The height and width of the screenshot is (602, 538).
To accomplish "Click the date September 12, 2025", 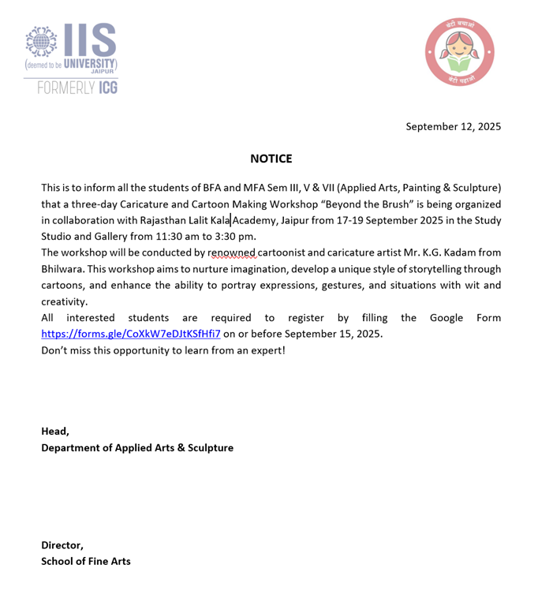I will (x=453, y=126).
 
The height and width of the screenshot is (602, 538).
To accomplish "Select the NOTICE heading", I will (x=271, y=159).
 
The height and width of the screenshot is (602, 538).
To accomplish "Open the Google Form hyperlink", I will (x=131, y=334).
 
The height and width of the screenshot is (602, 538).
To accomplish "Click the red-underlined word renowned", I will (x=232, y=252).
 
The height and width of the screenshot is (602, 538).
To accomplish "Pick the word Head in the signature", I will (x=54, y=431).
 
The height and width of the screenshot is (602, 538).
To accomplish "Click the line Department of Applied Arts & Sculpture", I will (x=137, y=447).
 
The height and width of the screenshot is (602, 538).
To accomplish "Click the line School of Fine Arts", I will (x=86, y=561).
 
